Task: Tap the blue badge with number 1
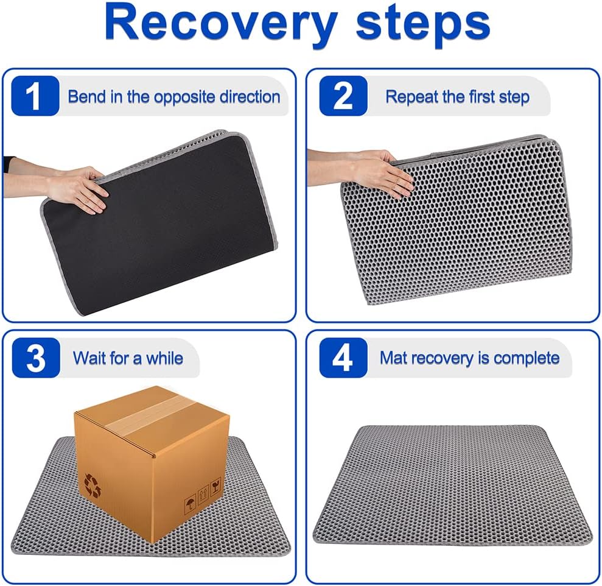(x=35, y=96)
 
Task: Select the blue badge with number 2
(x=343, y=96)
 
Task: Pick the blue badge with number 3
(x=35, y=358)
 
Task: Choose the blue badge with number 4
(x=343, y=358)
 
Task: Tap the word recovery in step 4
(x=447, y=358)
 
